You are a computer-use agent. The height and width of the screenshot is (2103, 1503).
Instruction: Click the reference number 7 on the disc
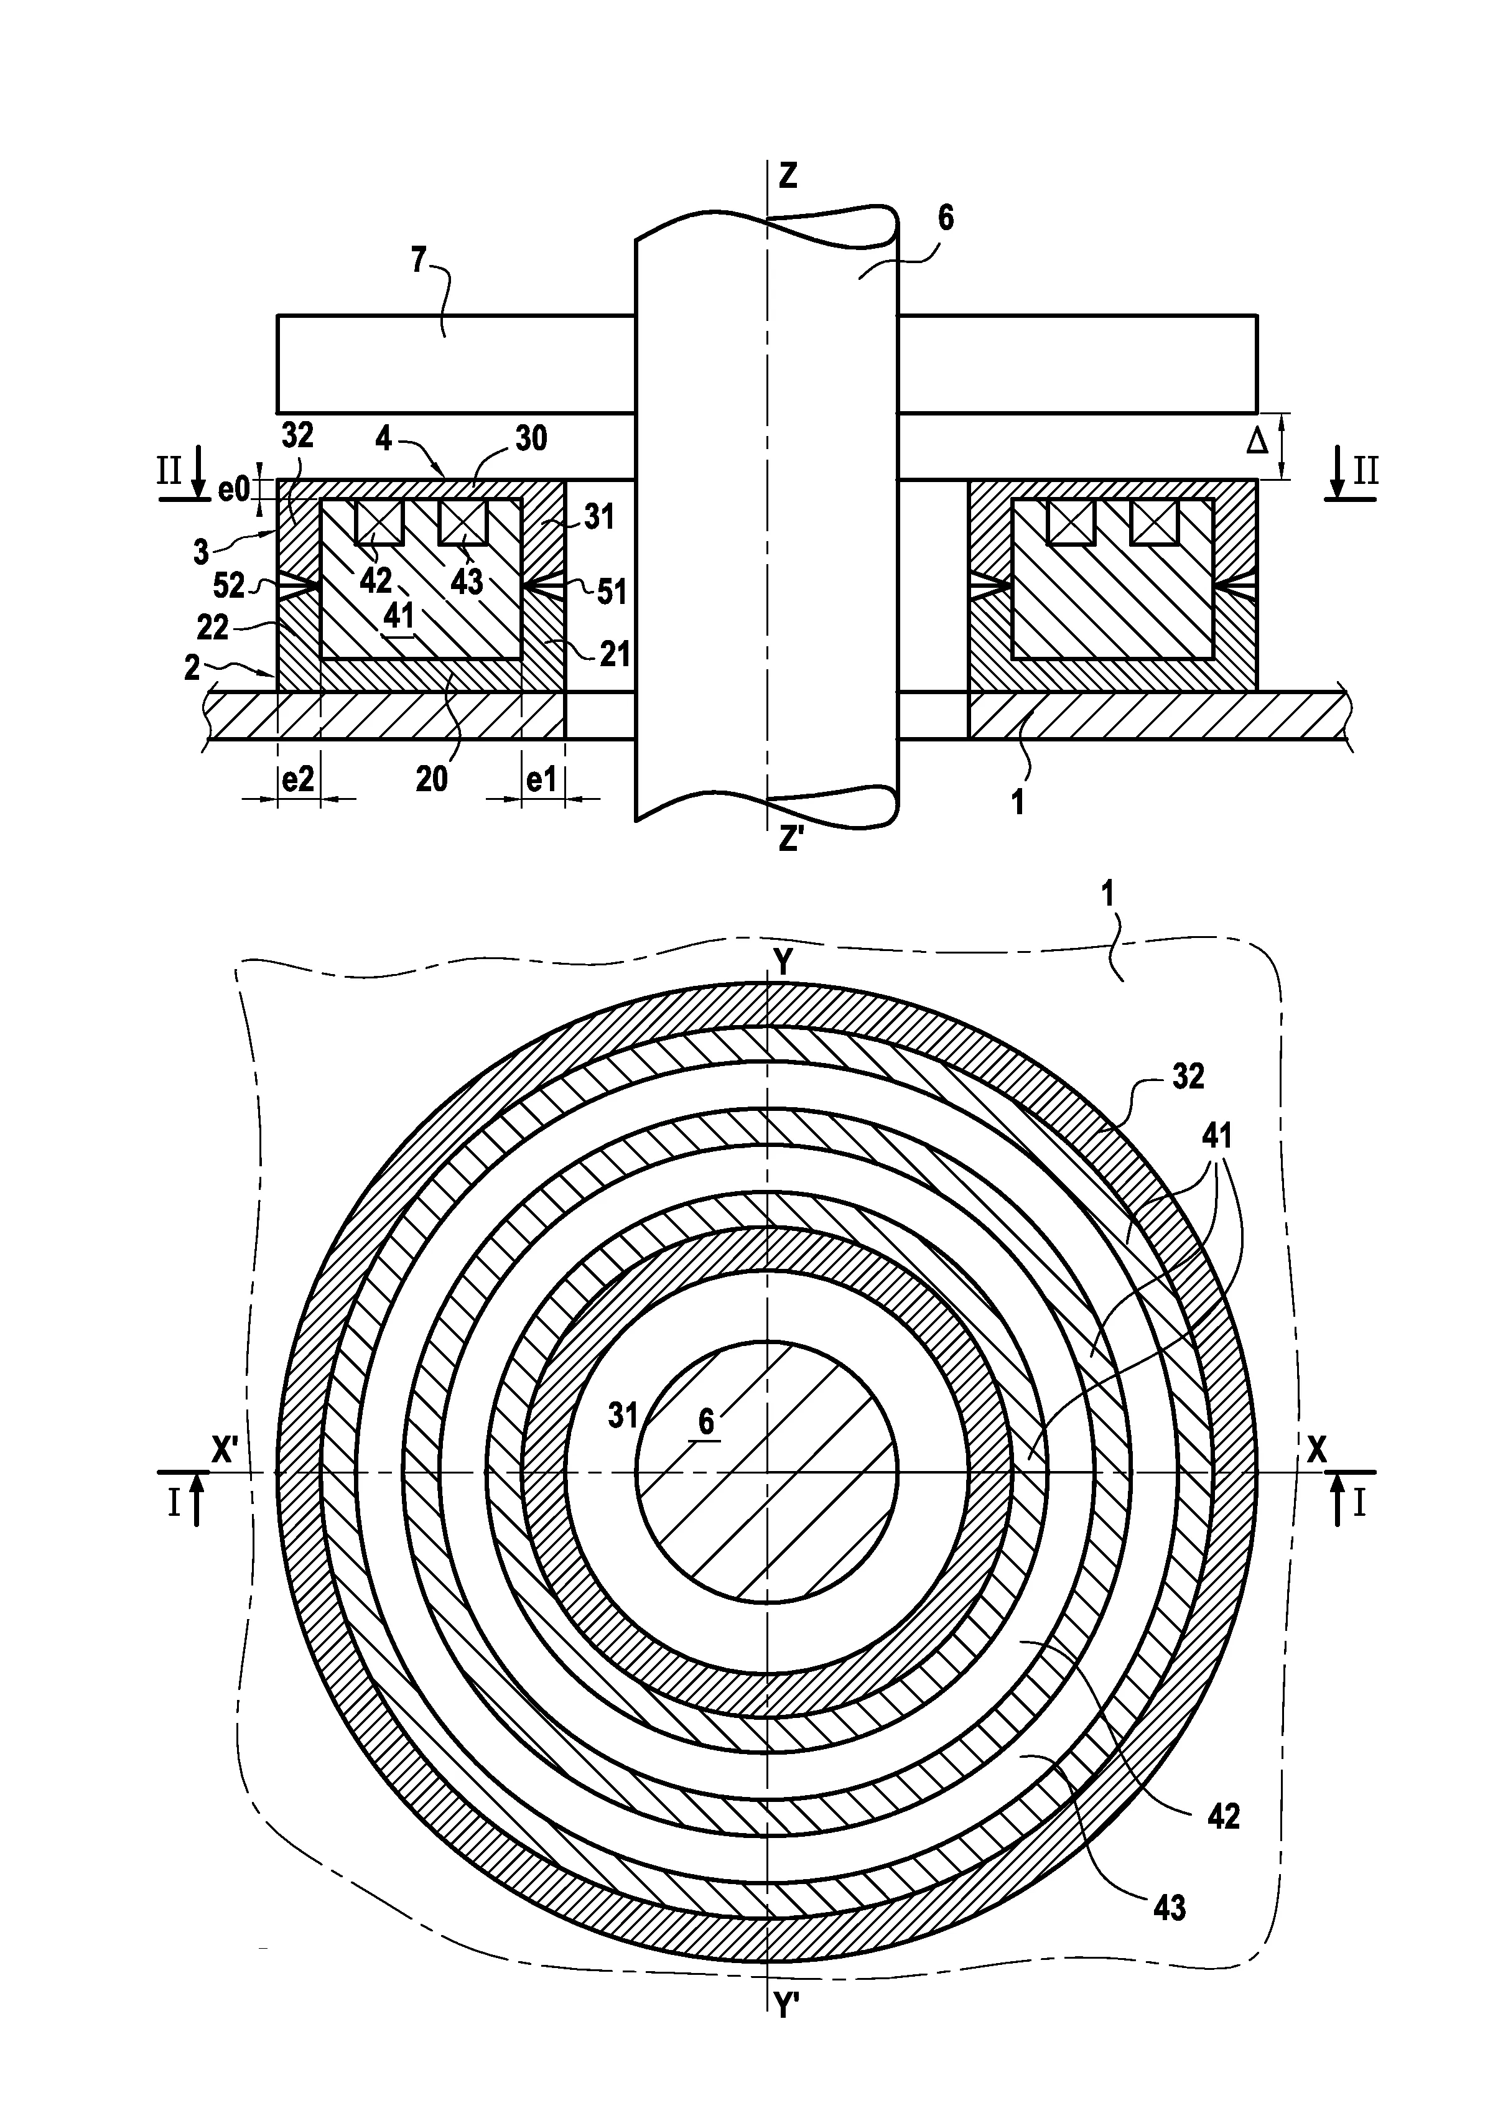[418, 262]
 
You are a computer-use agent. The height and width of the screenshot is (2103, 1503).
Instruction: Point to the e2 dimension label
[297, 780]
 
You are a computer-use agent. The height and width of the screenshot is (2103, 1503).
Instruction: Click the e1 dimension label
[541, 780]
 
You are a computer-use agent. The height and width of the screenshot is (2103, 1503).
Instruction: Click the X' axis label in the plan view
[226, 1451]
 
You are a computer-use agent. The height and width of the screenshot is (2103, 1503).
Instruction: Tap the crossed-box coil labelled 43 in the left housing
[462, 522]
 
